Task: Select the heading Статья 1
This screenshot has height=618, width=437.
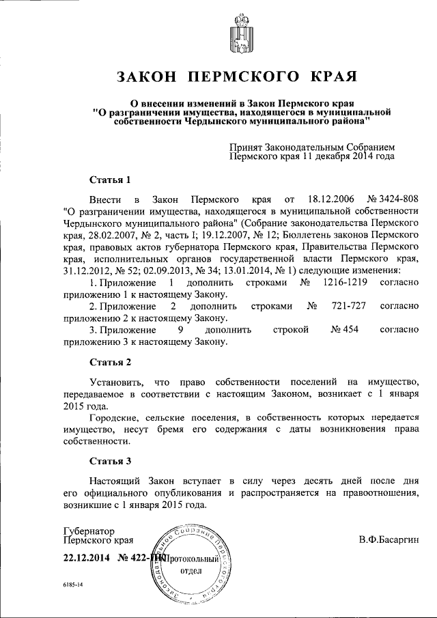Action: (110, 180)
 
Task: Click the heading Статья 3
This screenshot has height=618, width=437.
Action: (110, 461)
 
